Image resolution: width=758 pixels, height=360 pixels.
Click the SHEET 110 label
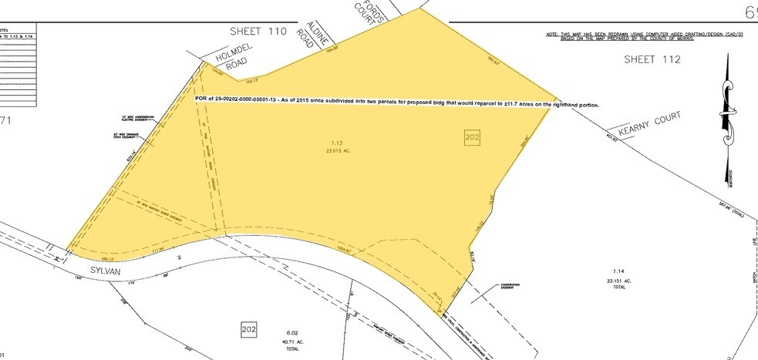[x=258, y=32]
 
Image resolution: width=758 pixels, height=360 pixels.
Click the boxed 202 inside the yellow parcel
[x=472, y=137]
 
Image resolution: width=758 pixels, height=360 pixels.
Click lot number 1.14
[x=616, y=271]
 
